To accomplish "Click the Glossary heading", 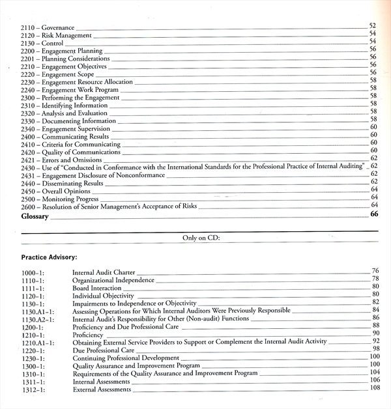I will (35, 216).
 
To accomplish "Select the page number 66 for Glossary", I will (374, 214).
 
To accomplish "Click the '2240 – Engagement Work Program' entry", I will (66, 89).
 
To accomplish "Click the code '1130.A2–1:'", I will (36, 319).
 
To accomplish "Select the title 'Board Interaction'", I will (97, 288).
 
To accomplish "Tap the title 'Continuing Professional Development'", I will (126, 358).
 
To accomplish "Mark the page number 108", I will (374, 388).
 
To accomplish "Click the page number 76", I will (375, 270).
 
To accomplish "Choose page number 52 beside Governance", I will (373, 25).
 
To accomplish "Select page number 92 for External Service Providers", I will (375, 341).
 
